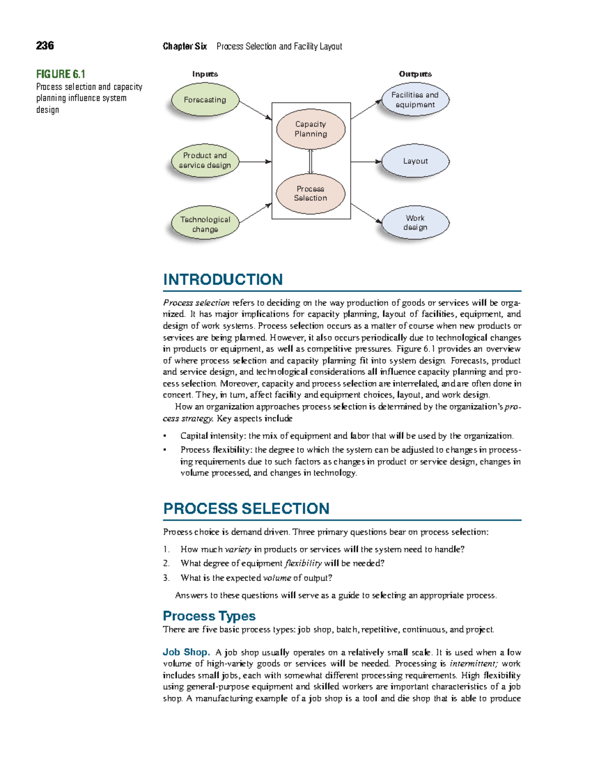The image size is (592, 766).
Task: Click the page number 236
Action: click(45, 46)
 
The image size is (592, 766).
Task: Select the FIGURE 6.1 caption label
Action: click(61, 74)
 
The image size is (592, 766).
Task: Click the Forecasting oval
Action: click(205, 100)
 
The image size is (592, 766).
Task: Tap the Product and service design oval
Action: click(205, 160)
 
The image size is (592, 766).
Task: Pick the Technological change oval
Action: click(205, 224)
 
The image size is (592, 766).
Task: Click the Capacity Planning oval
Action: click(311, 129)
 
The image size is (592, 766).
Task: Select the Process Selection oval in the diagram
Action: click(311, 193)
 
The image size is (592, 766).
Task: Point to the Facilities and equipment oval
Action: click(415, 100)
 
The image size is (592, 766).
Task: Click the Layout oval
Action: click(415, 161)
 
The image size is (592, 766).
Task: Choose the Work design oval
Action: click(415, 222)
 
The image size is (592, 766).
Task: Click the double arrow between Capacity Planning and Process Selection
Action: click(311, 161)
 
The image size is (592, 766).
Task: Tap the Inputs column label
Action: click(205, 74)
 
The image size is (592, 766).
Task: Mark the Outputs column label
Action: click(415, 74)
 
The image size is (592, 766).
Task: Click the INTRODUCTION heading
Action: click(222, 280)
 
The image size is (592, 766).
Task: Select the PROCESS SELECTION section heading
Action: click(246, 509)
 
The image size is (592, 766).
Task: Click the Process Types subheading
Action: click(209, 616)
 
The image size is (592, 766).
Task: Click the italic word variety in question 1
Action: click(238, 549)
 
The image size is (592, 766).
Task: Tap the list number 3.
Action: click(166, 578)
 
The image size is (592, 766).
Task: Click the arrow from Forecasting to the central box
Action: click(255, 109)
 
